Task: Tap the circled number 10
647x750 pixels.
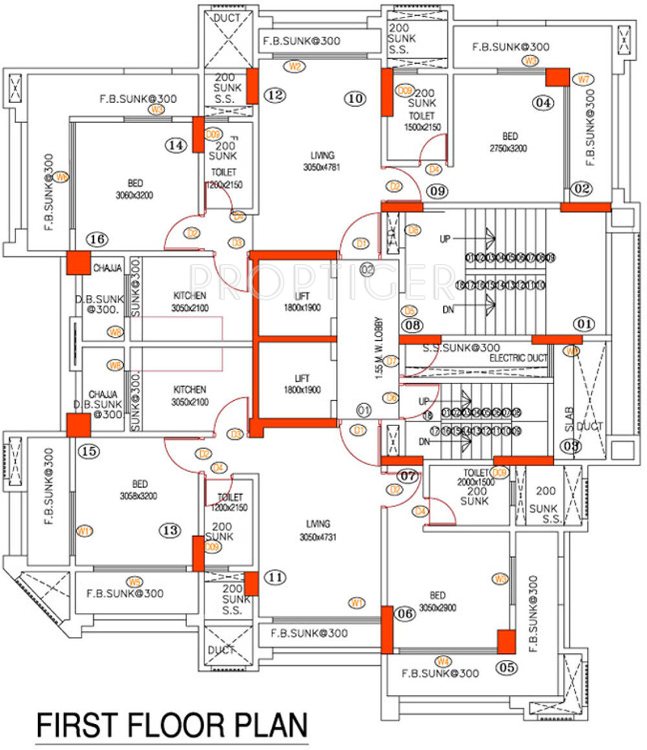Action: pos(355,98)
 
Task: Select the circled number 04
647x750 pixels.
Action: pos(544,102)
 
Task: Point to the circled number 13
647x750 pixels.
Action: pos(170,530)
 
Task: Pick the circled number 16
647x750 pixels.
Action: pos(98,240)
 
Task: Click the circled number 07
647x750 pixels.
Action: pos(408,477)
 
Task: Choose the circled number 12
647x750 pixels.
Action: pos(275,96)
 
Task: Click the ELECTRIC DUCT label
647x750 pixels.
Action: pos(518,358)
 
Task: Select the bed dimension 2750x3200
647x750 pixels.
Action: pos(509,148)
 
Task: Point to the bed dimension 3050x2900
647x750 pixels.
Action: pos(438,608)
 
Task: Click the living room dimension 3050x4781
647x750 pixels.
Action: pos(322,167)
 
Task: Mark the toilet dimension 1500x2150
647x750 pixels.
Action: pos(422,127)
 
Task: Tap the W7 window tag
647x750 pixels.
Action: pos(584,80)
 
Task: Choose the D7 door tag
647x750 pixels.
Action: pos(391,361)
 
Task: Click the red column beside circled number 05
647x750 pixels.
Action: pos(506,642)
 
